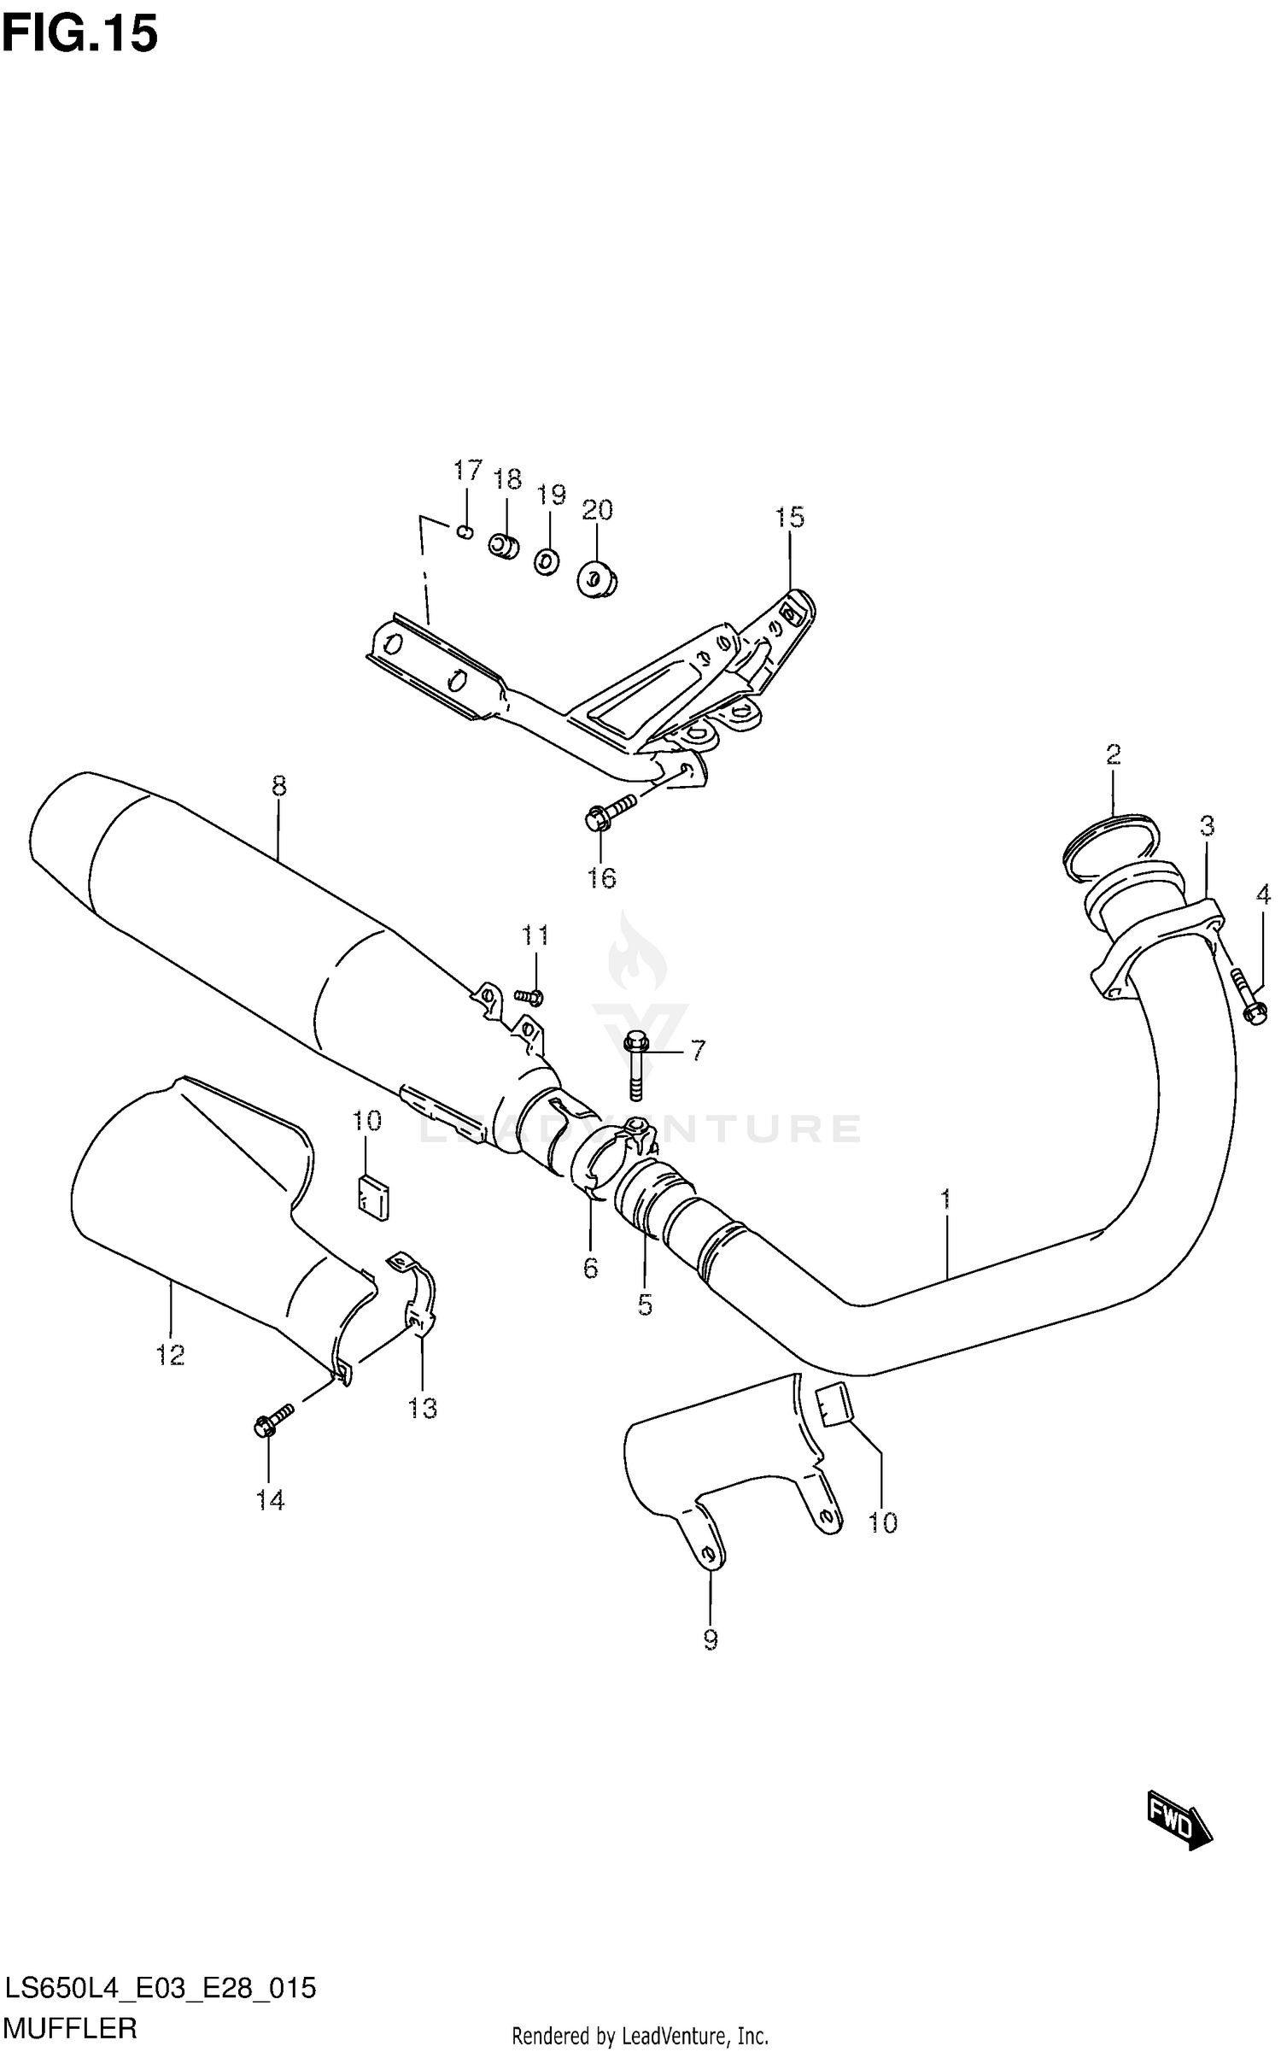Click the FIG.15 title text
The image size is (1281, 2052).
[x=80, y=35]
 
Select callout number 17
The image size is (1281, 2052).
[x=467, y=471]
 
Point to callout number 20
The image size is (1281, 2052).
[x=597, y=510]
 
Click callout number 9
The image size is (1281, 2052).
[x=710, y=1639]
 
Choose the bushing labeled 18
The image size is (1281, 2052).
[x=504, y=546]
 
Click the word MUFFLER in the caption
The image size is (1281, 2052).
[x=70, y=2027]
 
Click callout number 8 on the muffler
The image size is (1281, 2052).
[x=279, y=785]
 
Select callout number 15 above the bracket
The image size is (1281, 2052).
[x=789, y=517]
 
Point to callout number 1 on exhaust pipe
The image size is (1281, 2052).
[x=945, y=1199]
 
